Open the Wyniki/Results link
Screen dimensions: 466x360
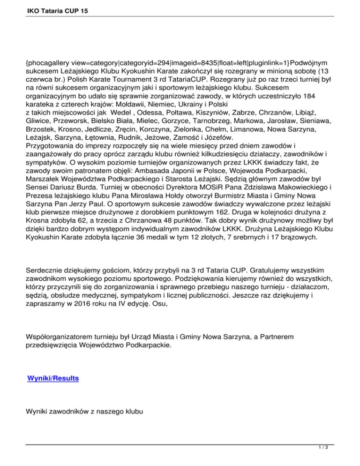pos(53,377)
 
